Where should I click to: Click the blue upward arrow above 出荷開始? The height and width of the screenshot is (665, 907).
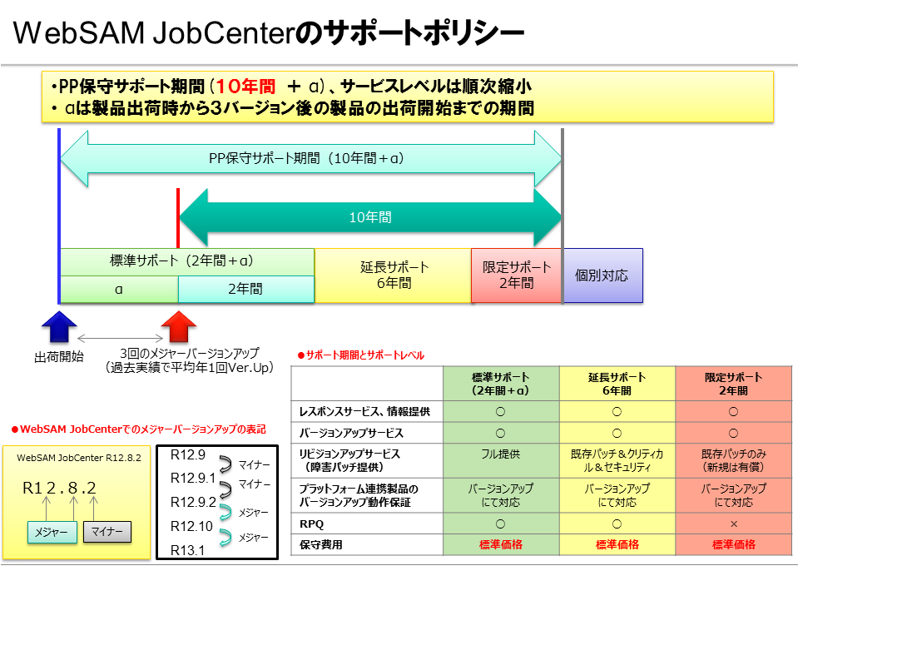(x=59, y=326)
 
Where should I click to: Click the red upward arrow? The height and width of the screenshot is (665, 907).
(x=178, y=326)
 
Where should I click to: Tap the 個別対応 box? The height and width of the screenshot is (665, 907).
(x=602, y=275)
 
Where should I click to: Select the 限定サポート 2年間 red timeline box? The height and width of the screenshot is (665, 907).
(x=517, y=275)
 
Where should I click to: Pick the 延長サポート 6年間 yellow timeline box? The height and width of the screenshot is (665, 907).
(x=393, y=275)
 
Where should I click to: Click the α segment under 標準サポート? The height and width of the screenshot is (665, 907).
(x=119, y=290)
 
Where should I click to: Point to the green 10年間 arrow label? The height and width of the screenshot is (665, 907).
(x=370, y=218)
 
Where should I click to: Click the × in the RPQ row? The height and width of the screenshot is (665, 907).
(x=733, y=524)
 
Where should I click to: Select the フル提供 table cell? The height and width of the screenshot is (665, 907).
(x=500, y=454)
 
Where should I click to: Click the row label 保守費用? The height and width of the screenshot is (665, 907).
(x=320, y=545)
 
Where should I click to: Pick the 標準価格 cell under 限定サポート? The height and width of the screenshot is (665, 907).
(x=733, y=545)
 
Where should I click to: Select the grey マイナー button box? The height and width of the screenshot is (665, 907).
(x=107, y=532)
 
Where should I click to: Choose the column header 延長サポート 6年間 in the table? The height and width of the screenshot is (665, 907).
(x=617, y=384)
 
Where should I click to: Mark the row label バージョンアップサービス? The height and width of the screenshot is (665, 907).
(x=350, y=433)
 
